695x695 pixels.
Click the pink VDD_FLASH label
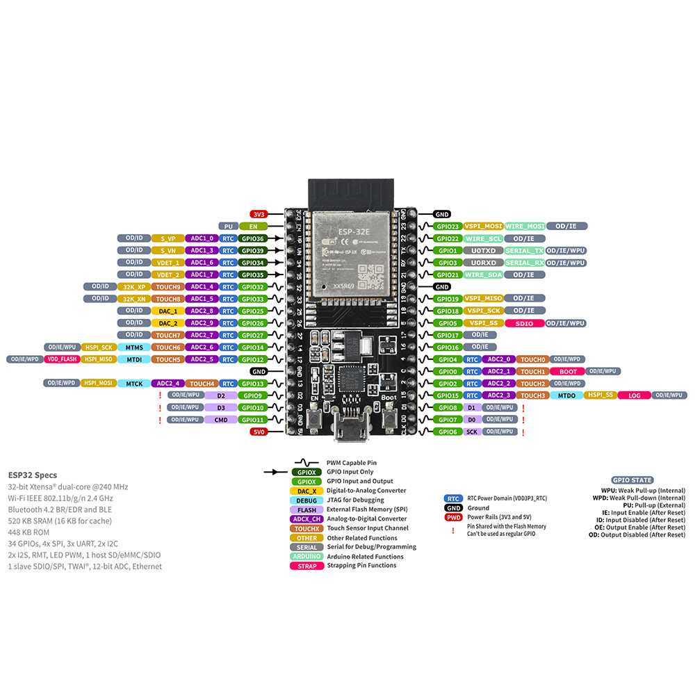(x=61, y=359)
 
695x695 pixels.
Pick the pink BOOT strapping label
(x=568, y=372)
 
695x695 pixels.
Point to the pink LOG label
(x=634, y=395)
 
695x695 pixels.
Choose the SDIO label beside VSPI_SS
(x=525, y=323)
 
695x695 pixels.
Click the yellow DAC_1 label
(x=167, y=311)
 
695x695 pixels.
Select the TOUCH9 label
(x=167, y=286)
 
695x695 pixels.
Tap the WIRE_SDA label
(x=484, y=275)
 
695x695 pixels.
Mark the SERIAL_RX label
(x=525, y=263)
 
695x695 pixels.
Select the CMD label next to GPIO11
(x=221, y=420)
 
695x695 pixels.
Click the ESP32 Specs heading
(x=33, y=475)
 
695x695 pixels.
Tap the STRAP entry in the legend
(x=306, y=566)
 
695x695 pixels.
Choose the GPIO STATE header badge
(x=632, y=480)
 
